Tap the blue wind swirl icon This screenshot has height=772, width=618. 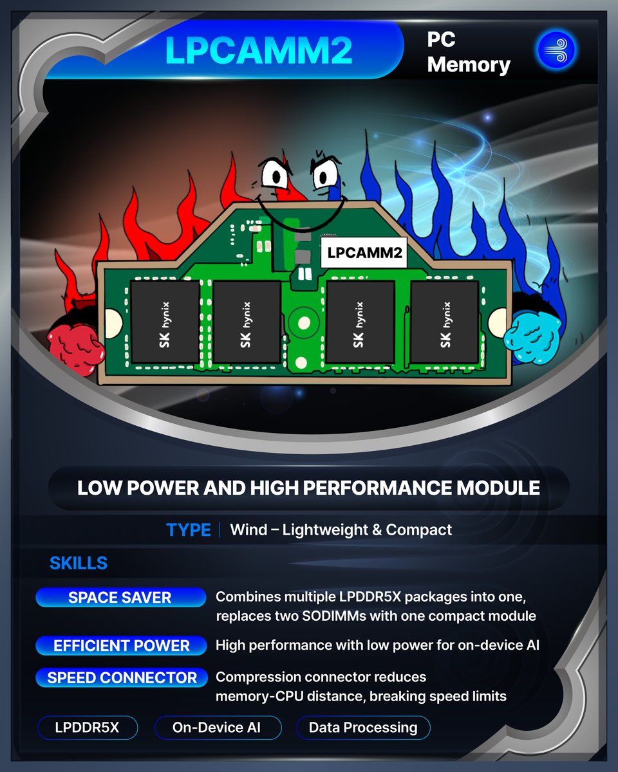pyautogui.click(x=556, y=51)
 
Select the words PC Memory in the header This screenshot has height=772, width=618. pyautogui.click(x=469, y=52)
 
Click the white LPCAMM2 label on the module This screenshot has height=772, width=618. pyautogui.click(x=364, y=253)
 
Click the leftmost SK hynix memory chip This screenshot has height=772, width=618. pyautogui.click(x=165, y=321)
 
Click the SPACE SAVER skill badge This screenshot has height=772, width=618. pyautogui.click(x=120, y=598)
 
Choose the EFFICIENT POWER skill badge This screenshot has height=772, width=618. pyautogui.click(x=121, y=645)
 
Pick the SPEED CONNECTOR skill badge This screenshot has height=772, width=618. pyautogui.click(x=122, y=677)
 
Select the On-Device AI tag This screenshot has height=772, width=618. pyautogui.click(x=218, y=728)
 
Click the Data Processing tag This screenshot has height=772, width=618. pyautogui.click(x=363, y=728)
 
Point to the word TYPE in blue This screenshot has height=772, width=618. pyautogui.click(x=188, y=530)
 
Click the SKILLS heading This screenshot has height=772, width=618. pyautogui.click(x=79, y=564)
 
